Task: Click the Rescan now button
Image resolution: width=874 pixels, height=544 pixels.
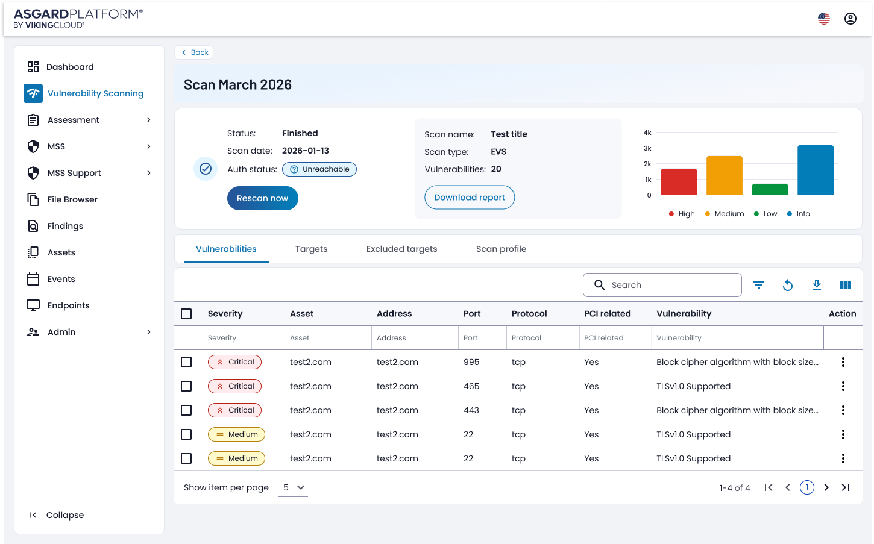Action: [x=262, y=198]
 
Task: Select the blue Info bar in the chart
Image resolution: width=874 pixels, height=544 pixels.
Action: [x=815, y=170]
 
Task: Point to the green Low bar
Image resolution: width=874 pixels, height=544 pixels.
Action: [x=770, y=189]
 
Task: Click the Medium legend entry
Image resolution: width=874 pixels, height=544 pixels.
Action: [x=725, y=214]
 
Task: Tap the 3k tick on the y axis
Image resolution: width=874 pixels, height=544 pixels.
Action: [x=647, y=148]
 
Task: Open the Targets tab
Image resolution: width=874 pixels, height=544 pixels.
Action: [x=311, y=249]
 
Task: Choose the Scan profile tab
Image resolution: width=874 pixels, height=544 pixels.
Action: [x=501, y=249]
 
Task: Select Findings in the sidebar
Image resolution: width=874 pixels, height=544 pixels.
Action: [x=65, y=226]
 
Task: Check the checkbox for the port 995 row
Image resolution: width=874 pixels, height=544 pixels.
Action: [x=186, y=362]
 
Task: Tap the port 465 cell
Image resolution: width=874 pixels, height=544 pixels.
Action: [x=471, y=386]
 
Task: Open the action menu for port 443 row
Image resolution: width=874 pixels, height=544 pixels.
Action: [x=843, y=410]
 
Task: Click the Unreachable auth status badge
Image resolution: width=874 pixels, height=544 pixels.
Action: [x=319, y=169]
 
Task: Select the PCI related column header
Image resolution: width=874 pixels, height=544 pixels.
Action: [x=607, y=314]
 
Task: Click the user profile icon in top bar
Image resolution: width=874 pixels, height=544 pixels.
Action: [x=850, y=19]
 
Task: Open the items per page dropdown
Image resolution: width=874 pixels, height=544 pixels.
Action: [x=294, y=487]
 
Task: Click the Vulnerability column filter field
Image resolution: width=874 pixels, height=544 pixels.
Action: [x=737, y=338]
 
